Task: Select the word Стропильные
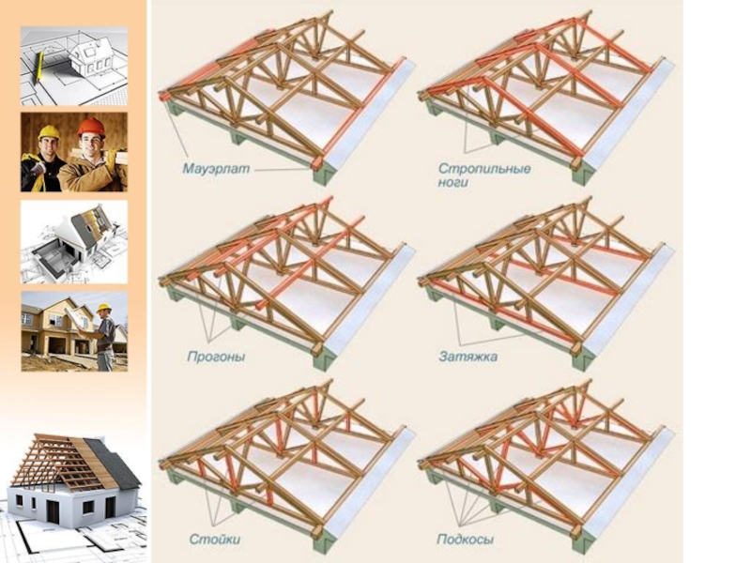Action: (x=484, y=170)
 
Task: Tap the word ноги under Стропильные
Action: (x=453, y=183)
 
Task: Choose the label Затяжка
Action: (x=467, y=358)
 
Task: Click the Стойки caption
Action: (x=213, y=540)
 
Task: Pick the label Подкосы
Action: (x=466, y=540)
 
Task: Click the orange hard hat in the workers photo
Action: (x=90, y=127)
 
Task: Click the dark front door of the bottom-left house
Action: (x=111, y=507)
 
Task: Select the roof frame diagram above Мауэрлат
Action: (x=282, y=94)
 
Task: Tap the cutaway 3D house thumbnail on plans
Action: (x=74, y=241)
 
